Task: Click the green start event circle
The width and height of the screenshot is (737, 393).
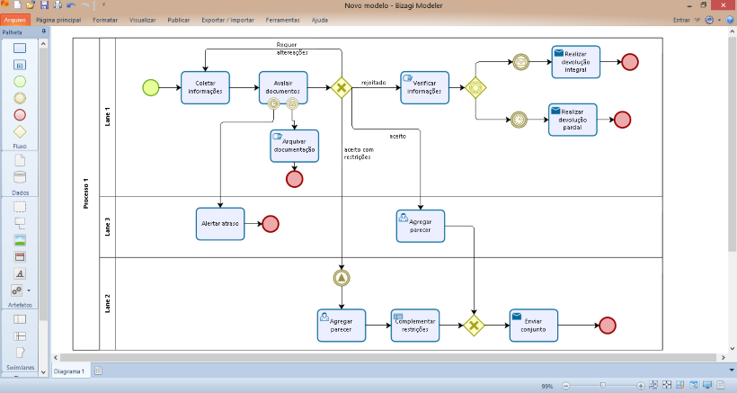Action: point(150,87)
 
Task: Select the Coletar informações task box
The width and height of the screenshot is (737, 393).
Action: point(205,87)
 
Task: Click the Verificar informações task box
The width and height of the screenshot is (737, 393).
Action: point(424,87)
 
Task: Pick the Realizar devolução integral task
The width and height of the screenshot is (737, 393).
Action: point(575,61)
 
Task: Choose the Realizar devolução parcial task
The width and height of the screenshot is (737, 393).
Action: point(573,120)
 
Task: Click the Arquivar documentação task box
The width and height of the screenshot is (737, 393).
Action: point(294,146)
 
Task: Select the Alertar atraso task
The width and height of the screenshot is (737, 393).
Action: point(220,224)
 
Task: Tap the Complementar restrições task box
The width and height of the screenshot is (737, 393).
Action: point(415,325)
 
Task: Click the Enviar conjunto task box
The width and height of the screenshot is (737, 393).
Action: point(533,325)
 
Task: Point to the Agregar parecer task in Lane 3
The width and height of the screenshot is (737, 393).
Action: point(420,226)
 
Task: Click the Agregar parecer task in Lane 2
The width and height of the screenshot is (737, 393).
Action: point(342,325)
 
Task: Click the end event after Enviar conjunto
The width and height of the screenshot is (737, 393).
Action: point(608,326)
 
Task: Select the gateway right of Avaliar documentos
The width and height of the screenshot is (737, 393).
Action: point(342,87)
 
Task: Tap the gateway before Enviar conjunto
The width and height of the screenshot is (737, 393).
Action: point(475,325)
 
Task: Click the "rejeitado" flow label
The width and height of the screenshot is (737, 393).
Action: point(373,83)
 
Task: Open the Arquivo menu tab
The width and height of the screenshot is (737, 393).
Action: point(16,19)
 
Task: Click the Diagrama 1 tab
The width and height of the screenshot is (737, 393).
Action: point(70,371)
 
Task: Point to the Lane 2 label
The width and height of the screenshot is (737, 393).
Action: point(107,302)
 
